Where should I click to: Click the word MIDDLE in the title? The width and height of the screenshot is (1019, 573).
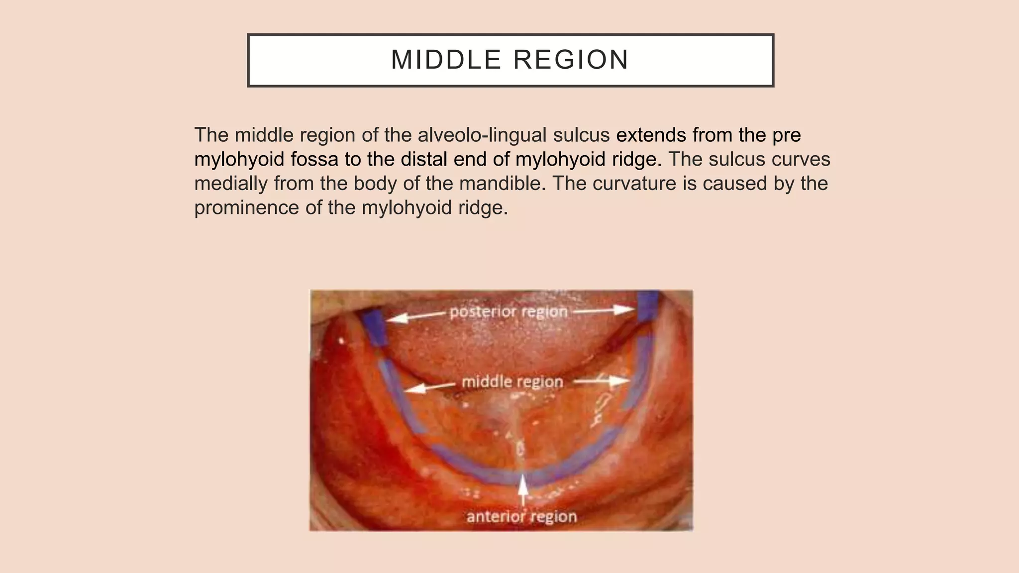click(446, 60)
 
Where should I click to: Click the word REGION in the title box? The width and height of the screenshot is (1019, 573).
click(571, 60)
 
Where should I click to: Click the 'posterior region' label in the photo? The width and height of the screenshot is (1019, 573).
click(509, 312)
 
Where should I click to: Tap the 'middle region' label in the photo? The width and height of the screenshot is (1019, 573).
click(512, 382)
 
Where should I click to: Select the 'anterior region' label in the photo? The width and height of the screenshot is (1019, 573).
click(521, 517)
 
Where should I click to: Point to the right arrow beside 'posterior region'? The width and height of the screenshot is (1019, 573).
click(603, 311)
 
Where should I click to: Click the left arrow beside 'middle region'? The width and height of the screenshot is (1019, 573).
click(429, 387)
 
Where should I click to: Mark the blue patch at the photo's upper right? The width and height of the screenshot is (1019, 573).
click(648, 306)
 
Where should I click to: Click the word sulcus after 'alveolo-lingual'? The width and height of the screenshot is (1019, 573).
click(580, 135)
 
